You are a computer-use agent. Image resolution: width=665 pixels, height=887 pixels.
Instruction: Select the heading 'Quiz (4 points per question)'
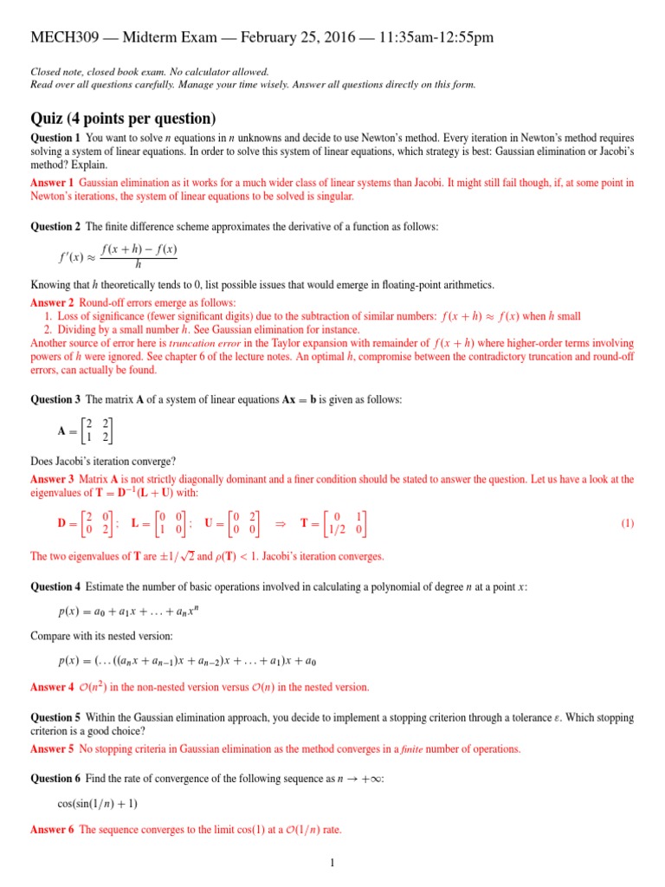click(x=123, y=119)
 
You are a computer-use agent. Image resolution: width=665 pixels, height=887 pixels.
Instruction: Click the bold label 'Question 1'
click(x=55, y=139)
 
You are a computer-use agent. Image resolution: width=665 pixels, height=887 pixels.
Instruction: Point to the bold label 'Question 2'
click(x=55, y=226)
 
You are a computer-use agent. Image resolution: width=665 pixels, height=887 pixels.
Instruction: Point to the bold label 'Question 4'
click(x=55, y=586)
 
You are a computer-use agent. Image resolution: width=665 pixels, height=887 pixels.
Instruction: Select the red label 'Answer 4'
click(x=52, y=688)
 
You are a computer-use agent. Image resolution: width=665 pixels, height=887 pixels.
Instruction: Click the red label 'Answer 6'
click(x=52, y=830)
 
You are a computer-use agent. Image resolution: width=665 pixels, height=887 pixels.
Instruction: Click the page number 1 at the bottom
click(x=332, y=863)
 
